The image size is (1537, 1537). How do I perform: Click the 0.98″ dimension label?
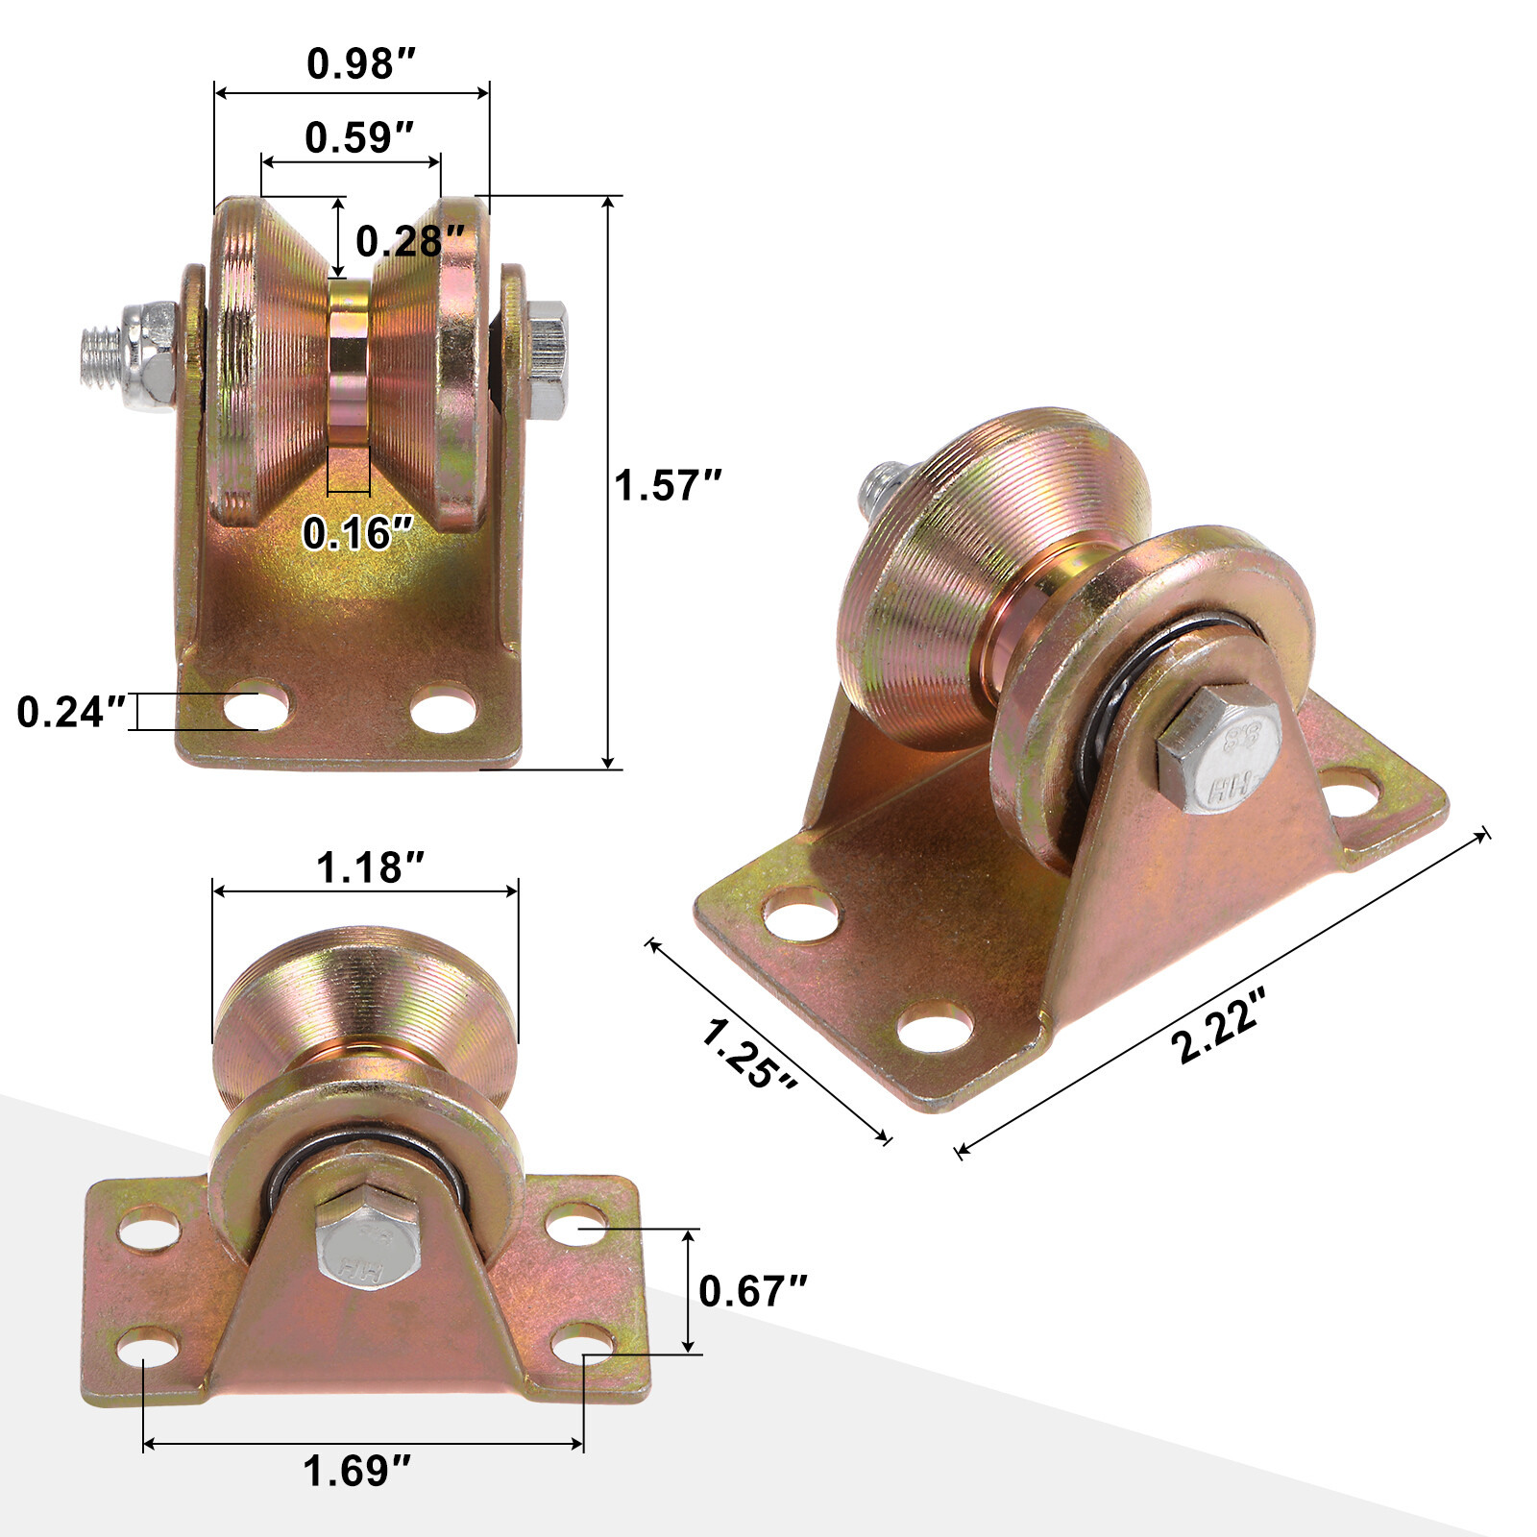361,64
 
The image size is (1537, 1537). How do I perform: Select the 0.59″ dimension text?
359,138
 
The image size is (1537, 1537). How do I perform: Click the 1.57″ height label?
668,485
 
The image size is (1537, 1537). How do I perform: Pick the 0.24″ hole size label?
72,712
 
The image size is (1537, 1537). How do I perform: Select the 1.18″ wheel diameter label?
370,867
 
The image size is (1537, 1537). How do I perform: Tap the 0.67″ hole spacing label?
752,1291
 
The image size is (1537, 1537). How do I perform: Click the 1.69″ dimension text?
357,1471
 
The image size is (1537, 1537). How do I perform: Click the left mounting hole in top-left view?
256,710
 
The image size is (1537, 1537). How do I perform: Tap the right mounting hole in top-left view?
443,709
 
